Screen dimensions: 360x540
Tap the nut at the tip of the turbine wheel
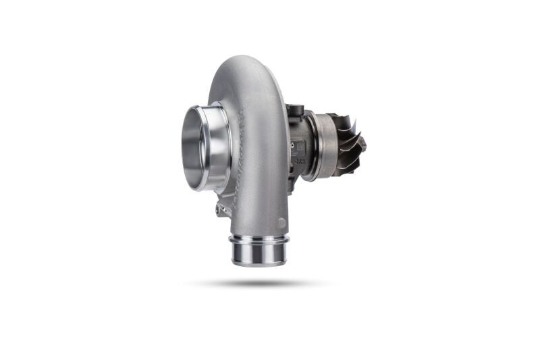[362, 144]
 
